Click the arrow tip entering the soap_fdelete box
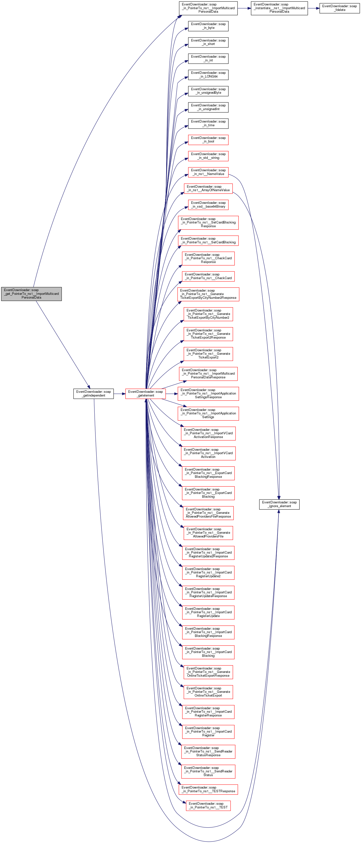(320, 8)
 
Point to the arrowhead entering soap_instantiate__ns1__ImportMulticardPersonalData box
(251, 8)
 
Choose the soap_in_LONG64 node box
(208, 75)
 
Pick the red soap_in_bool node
(208, 140)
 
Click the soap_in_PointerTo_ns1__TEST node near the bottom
(208, 805)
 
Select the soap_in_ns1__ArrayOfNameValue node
(208, 188)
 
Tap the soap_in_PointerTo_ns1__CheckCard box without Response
(208, 276)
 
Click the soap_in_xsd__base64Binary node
(208, 205)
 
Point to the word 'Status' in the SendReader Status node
(208, 775)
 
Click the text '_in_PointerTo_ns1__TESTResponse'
(208, 791)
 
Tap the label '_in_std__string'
(208, 158)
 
